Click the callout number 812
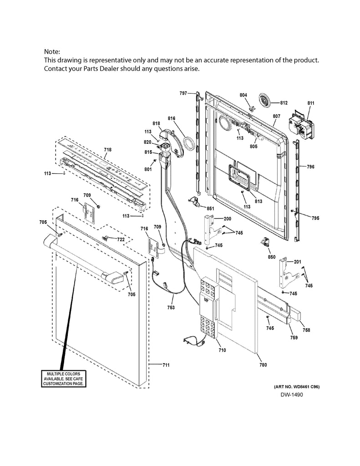(284, 103)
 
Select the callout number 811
(311, 103)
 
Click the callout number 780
(263, 365)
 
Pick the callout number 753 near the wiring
(171, 308)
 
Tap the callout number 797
(183, 93)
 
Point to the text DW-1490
(291, 394)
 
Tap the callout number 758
(307, 330)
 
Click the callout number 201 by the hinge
(297, 262)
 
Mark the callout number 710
(222, 350)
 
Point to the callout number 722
(121, 239)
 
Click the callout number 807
(276, 116)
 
